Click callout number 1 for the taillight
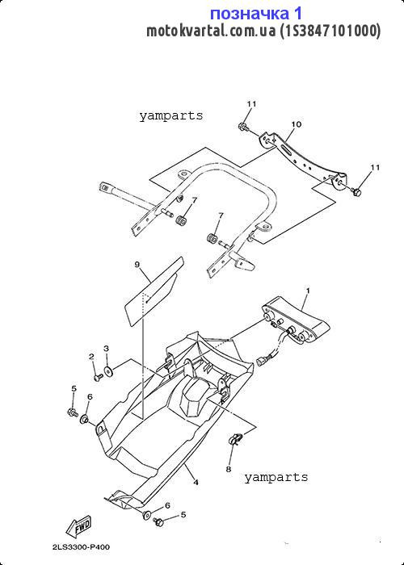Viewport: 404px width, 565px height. [x=308, y=290]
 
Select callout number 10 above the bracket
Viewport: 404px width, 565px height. [x=297, y=124]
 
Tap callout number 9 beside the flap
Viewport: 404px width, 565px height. [x=137, y=265]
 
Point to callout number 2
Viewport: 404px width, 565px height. [x=91, y=357]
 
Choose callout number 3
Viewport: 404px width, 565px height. [x=106, y=349]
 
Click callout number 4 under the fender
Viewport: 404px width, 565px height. [x=196, y=482]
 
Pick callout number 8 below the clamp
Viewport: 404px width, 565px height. [x=229, y=470]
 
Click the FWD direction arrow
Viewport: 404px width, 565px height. [x=78, y=527]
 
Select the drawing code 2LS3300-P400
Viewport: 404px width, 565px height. [x=81, y=547]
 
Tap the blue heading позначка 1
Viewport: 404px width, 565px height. [x=256, y=14]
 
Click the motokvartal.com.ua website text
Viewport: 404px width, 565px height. [x=212, y=31]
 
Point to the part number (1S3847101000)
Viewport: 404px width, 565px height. [x=330, y=31]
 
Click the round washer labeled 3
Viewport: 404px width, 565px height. [x=107, y=370]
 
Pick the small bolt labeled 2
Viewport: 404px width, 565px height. [x=98, y=377]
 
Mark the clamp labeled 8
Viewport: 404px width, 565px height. [x=236, y=440]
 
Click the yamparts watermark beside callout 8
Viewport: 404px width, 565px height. [x=276, y=478]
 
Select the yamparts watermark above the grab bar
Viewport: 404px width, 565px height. [x=171, y=116]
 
